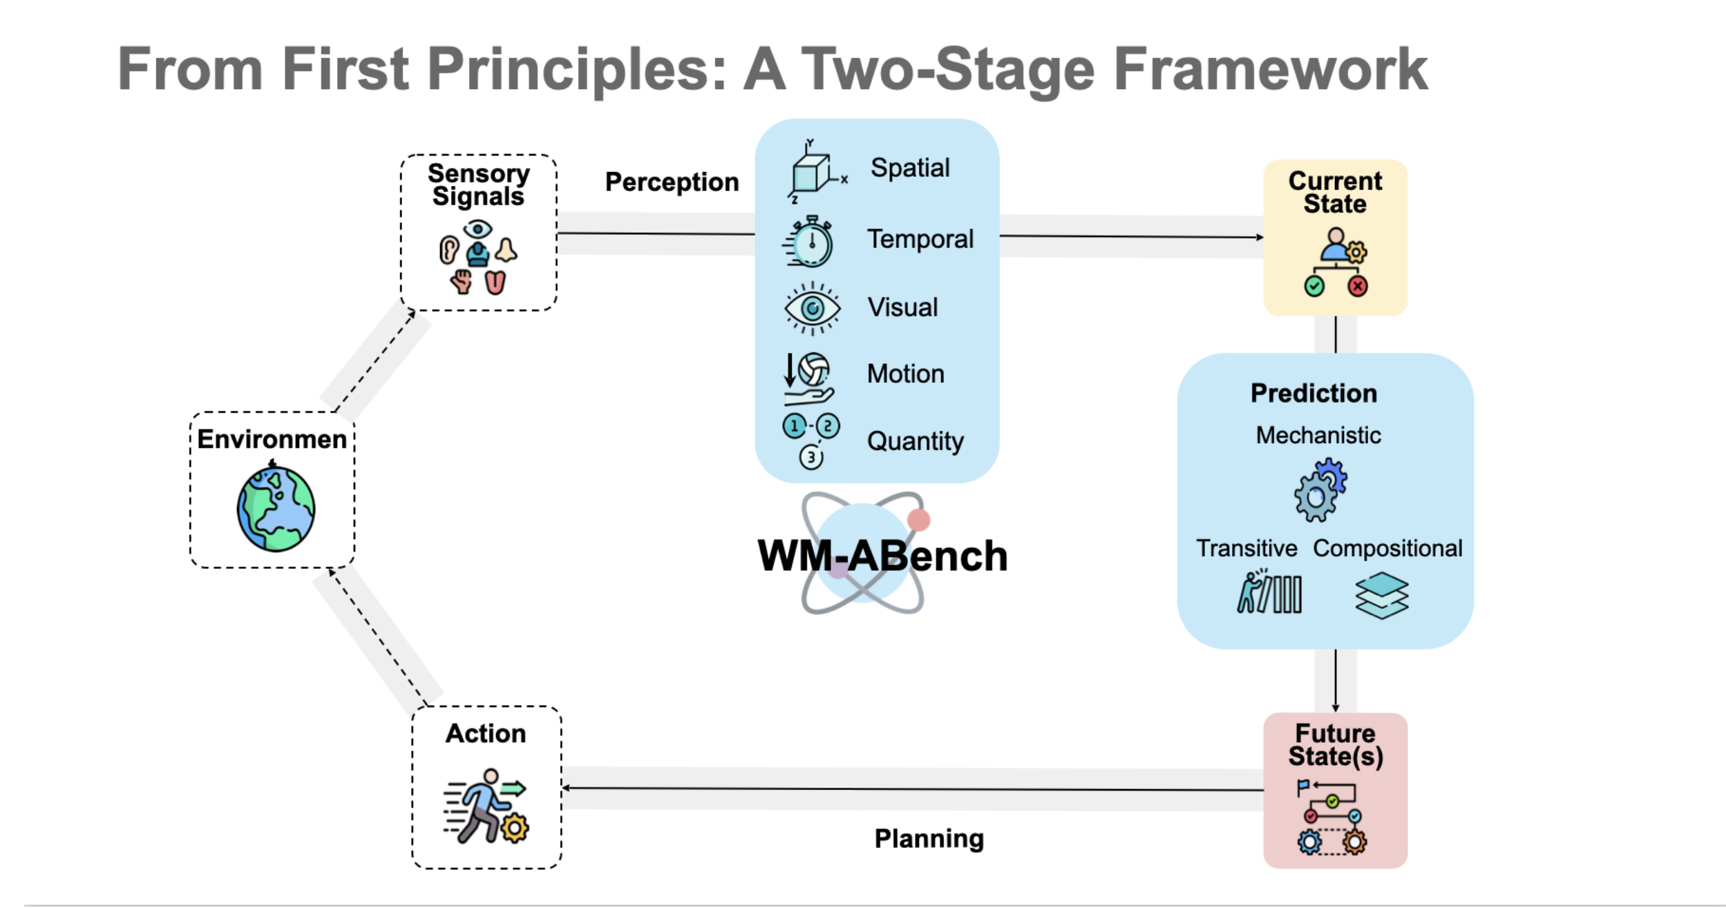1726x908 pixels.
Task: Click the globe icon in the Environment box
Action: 276,509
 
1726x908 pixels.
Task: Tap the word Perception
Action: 672,182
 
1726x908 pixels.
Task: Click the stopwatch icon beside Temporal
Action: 810,242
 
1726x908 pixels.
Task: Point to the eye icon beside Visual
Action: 813,308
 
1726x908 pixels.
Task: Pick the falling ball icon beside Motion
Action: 810,377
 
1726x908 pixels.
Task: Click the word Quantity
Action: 915,441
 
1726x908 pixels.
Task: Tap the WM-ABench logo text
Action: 882,556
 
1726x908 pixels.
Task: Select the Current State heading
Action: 1335,192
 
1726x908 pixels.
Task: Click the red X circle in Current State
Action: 1357,286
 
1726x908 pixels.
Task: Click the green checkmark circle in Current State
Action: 1314,286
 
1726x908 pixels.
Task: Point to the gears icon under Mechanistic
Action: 1320,490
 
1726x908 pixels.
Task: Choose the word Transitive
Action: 1246,548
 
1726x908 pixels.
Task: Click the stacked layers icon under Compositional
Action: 1381,595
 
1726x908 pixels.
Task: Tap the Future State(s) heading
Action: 1335,744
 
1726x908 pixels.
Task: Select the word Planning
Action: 929,838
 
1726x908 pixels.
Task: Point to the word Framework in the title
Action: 1270,68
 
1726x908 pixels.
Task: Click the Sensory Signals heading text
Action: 478,185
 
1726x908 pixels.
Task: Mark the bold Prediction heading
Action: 1314,393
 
